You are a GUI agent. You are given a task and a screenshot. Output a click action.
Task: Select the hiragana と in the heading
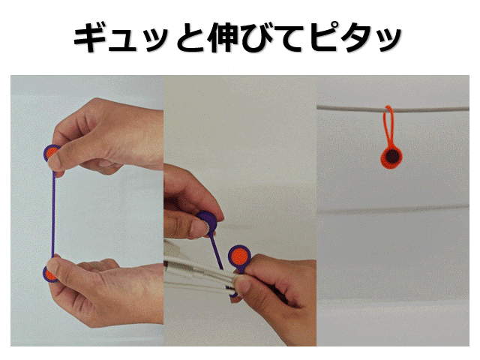[190, 37]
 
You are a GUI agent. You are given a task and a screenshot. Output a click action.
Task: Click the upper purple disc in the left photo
[51, 153]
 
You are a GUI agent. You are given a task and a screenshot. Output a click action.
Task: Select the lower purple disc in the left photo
[49, 274]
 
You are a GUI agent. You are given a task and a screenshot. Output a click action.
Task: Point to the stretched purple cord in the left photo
[53, 214]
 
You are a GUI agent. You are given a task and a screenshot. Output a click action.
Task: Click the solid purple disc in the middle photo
[208, 221]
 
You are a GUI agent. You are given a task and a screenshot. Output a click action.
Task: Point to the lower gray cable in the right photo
[393, 210]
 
